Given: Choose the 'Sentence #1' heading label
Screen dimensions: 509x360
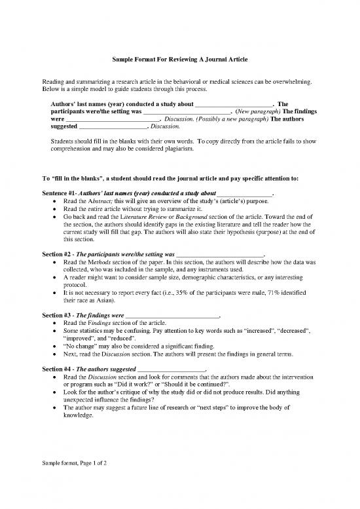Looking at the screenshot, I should click(56, 195).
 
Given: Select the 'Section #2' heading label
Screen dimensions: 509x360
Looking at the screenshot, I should click(55, 254).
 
